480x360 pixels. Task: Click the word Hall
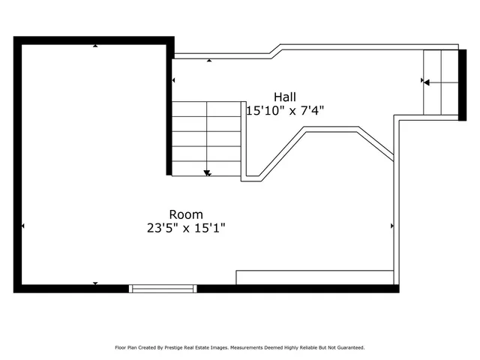(x=285, y=97)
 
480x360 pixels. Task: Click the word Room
(x=185, y=214)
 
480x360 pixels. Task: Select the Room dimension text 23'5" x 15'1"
(x=185, y=228)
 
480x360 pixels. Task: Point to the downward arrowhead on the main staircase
(x=208, y=173)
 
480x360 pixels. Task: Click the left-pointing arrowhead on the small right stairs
(x=426, y=82)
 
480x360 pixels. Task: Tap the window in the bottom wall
(x=163, y=288)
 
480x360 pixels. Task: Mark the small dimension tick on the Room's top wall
(x=95, y=46)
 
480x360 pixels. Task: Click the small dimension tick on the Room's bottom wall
(x=95, y=283)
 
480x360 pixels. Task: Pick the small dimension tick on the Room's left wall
(x=23, y=226)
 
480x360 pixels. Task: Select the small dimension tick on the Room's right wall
(x=392, y=225)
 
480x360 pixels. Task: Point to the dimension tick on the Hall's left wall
(x=174, y=80)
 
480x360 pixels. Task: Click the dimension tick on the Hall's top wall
(x=208, y=60)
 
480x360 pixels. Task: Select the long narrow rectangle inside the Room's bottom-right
(x=315, y=277)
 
